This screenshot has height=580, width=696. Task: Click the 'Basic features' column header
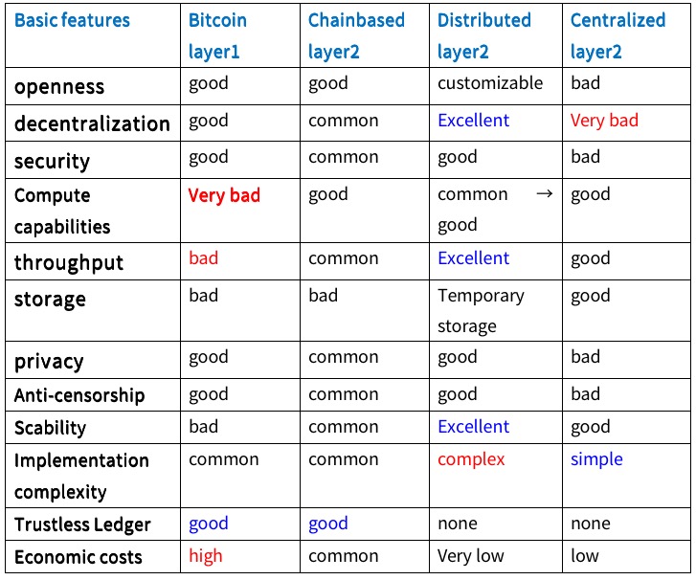tap(72, 20)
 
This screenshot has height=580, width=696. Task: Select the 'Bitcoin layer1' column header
tap(217, 36)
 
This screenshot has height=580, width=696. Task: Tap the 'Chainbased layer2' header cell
tap(356, 36)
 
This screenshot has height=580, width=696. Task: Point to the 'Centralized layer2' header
tap(617, 36)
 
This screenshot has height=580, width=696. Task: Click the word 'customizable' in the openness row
tap(490, 83)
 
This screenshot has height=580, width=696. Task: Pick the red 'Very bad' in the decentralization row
tap(604, 121)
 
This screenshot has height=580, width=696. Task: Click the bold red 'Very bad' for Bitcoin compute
tap(224, 195)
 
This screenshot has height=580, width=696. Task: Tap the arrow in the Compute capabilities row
tap(545, 193)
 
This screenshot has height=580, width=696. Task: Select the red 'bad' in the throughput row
tap(203, 257)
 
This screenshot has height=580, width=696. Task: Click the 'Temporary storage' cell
tap(481, 311)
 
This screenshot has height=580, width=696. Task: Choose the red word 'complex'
tap(471, 459)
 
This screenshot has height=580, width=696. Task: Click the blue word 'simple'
tap(596, 459)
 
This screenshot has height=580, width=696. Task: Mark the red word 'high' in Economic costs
tap(206, 556)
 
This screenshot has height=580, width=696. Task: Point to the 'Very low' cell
tap(470, 556)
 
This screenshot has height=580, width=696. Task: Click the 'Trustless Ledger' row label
tap(82, 525)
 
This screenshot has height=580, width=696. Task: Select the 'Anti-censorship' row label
tap(79, 395)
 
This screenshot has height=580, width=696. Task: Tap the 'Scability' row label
tap(50, 428)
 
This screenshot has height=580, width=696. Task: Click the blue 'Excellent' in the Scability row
tap(473, 427)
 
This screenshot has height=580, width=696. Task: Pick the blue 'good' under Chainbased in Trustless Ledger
tap(328, 524)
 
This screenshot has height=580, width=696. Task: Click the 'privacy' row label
tap(49, 362)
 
